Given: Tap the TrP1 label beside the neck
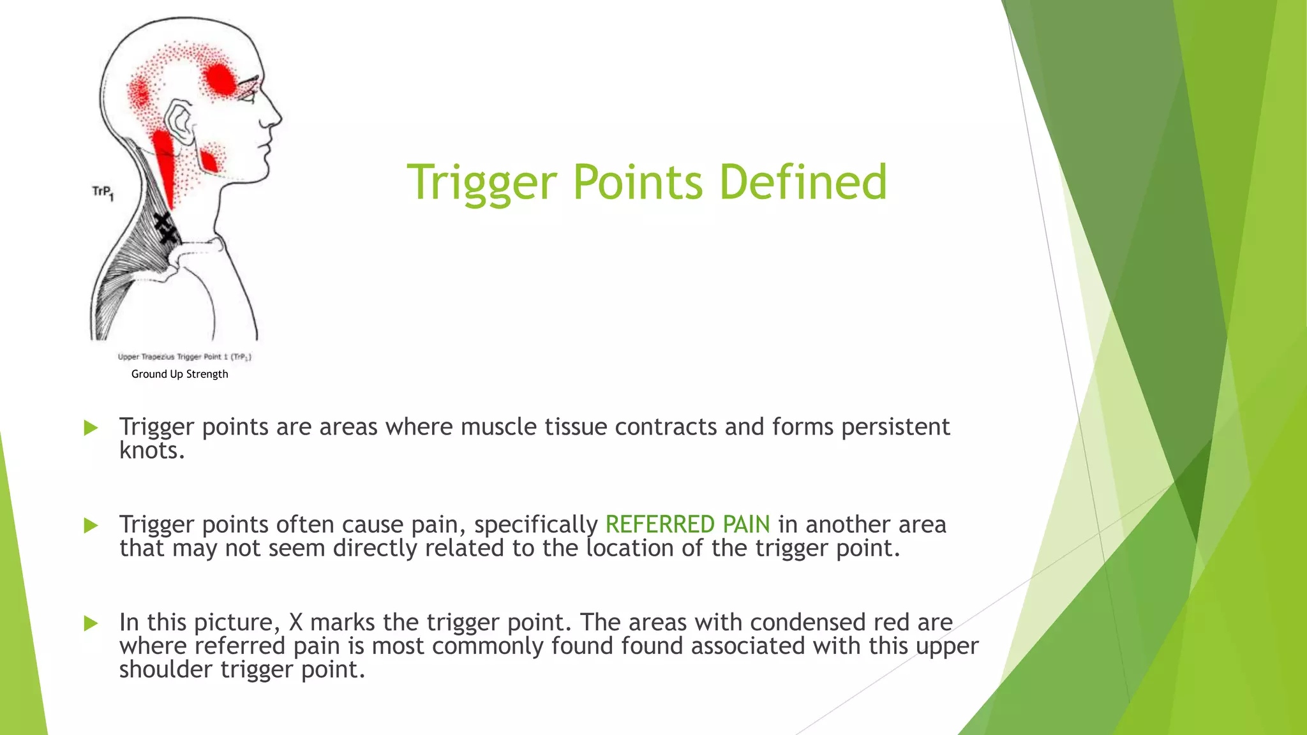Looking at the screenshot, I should pos(103,192).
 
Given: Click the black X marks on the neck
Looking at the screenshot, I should pos(165,228).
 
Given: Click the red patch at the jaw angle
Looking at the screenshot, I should pos(209,160).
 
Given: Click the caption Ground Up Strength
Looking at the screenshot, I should pos(179,374).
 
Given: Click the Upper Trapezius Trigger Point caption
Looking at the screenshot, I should pos(184,357).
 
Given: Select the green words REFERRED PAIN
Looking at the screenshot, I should pos(687,524).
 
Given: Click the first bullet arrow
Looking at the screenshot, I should pos(91,427).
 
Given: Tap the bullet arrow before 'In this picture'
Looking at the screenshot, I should pos(91,623).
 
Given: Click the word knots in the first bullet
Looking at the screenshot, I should pos(151,450).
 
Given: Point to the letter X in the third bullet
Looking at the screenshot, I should pos(295,622).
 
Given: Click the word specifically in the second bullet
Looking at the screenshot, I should pos(535,524).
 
